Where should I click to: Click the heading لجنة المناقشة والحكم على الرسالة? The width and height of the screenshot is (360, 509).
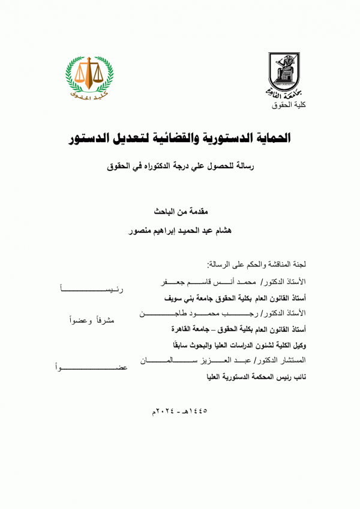[x=256, y=263]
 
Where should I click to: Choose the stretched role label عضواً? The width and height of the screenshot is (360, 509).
[x=90, y=366]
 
